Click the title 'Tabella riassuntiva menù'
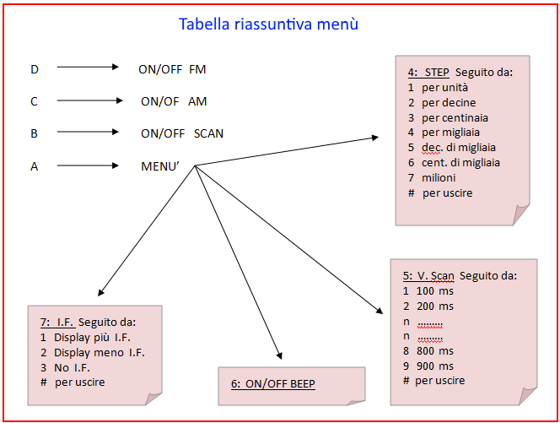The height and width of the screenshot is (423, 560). [268, 24]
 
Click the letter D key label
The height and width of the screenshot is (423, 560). [35, 69]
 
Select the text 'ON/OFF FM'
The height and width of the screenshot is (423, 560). [172, 69]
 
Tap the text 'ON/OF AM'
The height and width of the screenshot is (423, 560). [174, 101]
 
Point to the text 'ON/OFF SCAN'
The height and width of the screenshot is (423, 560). [182, 133]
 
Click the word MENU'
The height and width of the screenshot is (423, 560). [160, 166]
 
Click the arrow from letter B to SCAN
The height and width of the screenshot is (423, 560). [88, 132]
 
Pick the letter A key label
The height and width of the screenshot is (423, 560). [35, 166]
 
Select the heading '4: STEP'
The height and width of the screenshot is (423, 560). [428, 73]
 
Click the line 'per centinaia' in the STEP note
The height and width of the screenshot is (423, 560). [455, 117]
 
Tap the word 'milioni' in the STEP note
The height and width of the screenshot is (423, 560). [439, 177]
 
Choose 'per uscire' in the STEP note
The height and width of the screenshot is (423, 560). [448, 193]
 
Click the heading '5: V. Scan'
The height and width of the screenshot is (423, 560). [428, 276]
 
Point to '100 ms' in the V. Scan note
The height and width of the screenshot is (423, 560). [435, 291]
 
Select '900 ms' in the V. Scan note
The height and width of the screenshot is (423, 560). [435, 366]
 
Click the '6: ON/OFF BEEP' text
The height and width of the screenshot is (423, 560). [273, 383]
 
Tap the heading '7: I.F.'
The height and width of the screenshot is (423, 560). [57, 323]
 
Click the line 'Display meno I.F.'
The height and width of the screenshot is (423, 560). [100, 353]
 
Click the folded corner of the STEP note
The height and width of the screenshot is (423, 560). [520, 214]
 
